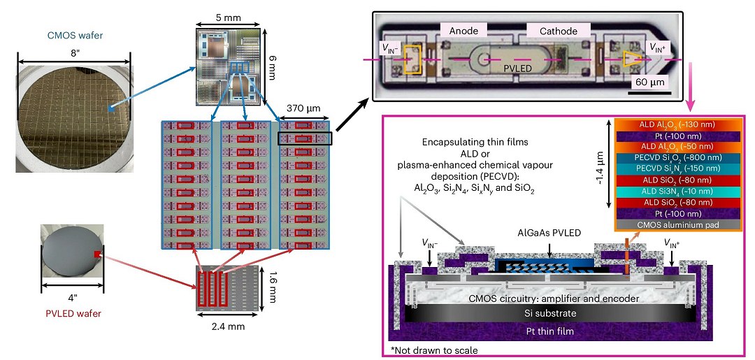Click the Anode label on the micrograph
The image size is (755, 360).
tap(468, 31)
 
